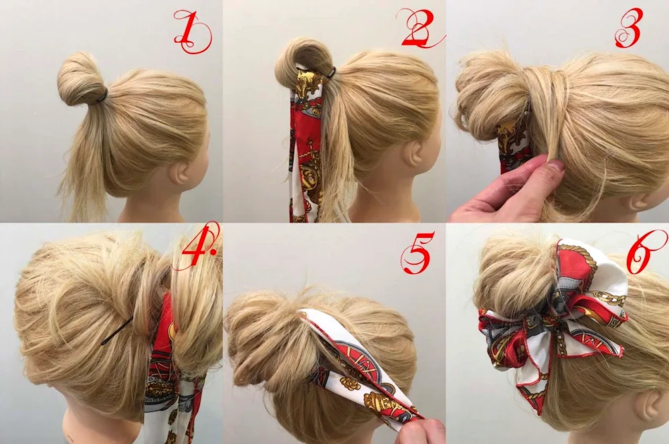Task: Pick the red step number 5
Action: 417,252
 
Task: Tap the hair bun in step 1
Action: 79,79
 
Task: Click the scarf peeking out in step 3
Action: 513,145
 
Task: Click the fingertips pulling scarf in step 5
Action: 420,431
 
